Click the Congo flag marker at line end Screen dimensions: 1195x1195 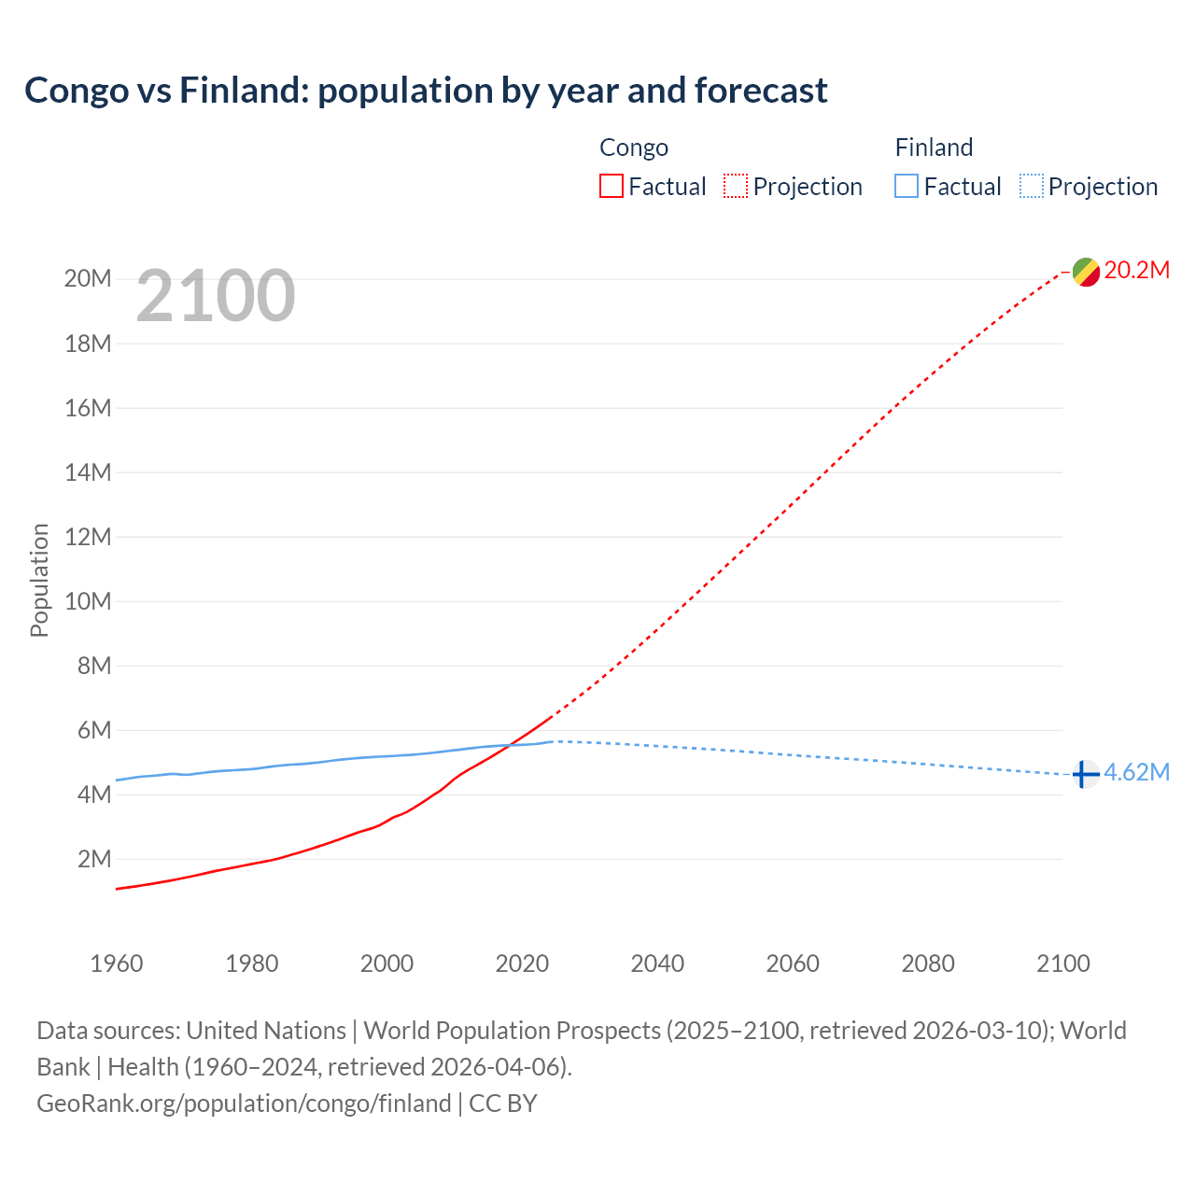point(1086,272)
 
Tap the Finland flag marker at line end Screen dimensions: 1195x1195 point(1085,774)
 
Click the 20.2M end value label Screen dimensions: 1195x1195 point(1136,271)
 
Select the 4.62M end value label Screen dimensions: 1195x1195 point(1136,772)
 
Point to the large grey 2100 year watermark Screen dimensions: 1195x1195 point(216,296)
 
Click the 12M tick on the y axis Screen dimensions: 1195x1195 point(88,537)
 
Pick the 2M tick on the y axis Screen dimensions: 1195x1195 point(94,859)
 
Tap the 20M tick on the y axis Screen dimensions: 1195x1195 point(88,279)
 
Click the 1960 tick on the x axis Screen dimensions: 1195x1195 point(117,963)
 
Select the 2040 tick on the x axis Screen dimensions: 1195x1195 point(657,963)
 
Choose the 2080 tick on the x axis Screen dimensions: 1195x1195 point(928,963)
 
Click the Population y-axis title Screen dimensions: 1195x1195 point(39,580)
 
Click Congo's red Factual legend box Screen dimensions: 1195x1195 point(612,186)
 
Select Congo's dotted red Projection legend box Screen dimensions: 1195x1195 point(736,186)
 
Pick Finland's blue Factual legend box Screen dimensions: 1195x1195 point(907,186)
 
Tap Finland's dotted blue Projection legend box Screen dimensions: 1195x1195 point(1031,186)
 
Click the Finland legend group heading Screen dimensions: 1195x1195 point(934,148)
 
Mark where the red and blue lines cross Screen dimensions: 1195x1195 point(512,744)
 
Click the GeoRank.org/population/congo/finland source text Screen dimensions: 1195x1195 point(244,1104)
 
